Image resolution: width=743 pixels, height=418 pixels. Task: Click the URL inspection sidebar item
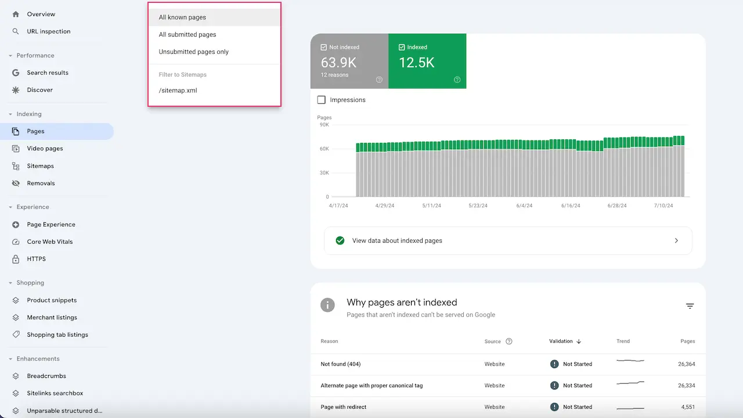click(x=48, y=31)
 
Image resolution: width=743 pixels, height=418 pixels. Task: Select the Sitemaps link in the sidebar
click(x=40, y=166)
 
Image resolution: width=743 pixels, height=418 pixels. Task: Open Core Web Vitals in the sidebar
click(x=49, y=242)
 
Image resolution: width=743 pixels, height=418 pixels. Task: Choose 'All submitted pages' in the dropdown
click(x=187, y=35)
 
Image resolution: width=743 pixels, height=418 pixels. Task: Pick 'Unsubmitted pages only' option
click(x=193, y=52)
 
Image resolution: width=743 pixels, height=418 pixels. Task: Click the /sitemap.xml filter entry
click(x=178, y=91)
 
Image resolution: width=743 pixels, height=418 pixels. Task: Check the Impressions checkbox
click(x=322, y=100)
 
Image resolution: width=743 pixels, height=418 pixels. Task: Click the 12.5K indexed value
click(x=417, y=63)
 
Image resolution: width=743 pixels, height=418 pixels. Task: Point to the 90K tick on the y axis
click(x=323, y=125)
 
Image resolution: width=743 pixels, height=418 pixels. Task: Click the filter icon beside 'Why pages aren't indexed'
click(x=690, y=306)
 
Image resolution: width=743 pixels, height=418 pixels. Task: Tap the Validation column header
click(x=561, y=341)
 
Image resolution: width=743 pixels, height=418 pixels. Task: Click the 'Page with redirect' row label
click(x=343, y=407)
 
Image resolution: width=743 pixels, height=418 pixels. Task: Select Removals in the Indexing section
click(x=41, y=183)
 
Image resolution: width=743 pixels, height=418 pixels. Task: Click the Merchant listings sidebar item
click(x=52, y=318)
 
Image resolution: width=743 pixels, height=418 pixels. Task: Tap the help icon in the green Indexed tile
click(x=457, y=80)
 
